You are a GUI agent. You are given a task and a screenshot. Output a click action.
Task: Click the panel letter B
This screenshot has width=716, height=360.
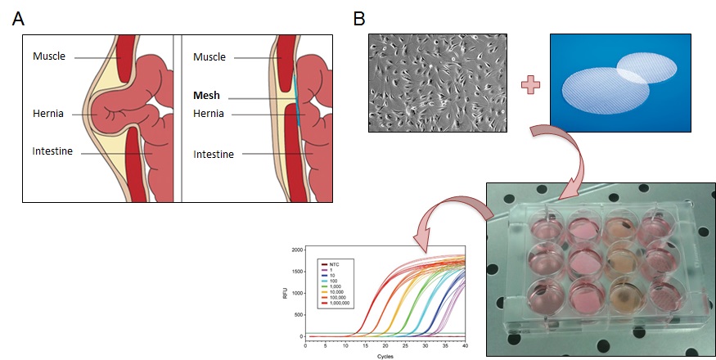click(358, 17)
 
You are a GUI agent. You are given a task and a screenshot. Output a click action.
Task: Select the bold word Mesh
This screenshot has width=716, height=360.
click(207, 95)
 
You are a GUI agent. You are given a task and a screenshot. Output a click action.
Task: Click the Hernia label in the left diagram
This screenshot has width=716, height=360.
click(49, 115)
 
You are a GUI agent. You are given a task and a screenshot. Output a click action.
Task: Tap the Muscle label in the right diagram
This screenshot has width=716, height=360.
click(210, 56)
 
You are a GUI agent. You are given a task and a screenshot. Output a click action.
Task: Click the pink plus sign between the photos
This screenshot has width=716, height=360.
click(529, 83)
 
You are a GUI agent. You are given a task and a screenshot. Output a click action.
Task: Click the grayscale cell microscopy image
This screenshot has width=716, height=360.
click(438, 83)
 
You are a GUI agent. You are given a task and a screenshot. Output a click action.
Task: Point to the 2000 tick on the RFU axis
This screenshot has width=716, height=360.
click(295, 248)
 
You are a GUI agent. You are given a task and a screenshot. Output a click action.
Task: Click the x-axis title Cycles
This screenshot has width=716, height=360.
click(385, 356)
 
